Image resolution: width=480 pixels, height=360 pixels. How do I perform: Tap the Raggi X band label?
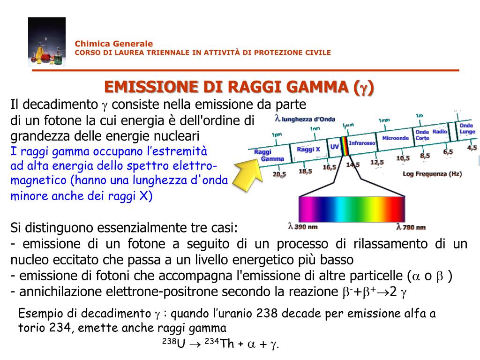pos(308,150)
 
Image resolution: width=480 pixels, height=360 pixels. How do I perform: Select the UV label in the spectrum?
pos(334,147)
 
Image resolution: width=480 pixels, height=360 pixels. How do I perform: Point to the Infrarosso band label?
pos(362,142)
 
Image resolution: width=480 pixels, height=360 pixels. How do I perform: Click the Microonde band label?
pos(395,138)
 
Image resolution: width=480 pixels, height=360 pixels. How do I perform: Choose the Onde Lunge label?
pos(467,129)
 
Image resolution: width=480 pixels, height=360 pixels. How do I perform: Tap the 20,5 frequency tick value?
pos(279,174)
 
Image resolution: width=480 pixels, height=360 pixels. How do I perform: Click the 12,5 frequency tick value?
pos(377,162)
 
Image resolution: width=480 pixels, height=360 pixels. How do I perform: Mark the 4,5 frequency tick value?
pos(472,148)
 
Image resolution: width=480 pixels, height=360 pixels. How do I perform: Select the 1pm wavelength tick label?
pos(277,135)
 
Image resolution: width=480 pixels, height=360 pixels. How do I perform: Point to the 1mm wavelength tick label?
pos(384,120)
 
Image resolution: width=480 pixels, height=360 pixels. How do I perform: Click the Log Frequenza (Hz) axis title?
pos(432,174)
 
